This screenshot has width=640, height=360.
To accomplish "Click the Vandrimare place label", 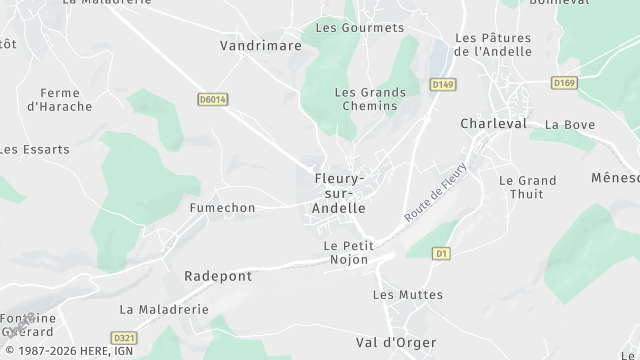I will [260, 45].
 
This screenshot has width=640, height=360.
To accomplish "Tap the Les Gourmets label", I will [360, 28].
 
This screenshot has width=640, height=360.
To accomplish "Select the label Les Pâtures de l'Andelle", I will [493, 44].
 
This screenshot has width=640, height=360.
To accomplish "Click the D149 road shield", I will [443, 85].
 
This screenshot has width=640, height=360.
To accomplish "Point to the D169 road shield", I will [565, 82].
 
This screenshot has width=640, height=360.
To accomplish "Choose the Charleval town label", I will [493, 123].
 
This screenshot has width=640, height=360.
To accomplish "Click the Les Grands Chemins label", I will [370, 99].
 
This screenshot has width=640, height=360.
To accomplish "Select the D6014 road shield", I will [213, 99].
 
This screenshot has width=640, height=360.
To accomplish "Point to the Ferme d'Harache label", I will [60, 99].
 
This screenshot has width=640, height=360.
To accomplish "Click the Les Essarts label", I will [35, 149].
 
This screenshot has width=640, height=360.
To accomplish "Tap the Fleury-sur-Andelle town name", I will [340, 193].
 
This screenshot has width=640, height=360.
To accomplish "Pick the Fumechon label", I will [223, 208].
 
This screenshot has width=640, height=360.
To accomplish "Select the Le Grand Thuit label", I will [527, 188].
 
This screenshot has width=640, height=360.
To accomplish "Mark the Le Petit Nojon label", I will [346, 252].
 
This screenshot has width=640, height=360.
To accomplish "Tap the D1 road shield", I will [441, 254].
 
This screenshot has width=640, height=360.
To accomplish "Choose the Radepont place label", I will [218, 275].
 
